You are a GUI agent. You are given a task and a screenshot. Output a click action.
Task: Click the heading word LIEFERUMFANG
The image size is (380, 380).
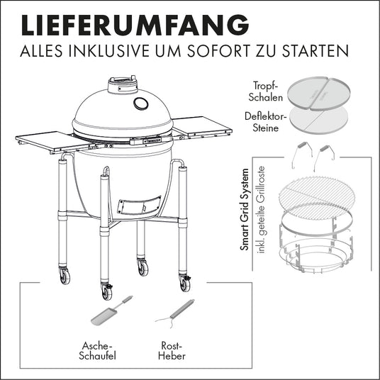click(135, 26)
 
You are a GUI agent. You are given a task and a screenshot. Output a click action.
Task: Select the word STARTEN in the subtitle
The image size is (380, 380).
click(315, 50)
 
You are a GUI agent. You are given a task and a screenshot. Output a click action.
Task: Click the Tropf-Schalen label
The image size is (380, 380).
click(266, 91)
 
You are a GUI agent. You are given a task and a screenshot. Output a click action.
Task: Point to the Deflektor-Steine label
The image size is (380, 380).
click(266, 122)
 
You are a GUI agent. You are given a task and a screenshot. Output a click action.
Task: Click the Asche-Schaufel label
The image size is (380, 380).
click(97, 351)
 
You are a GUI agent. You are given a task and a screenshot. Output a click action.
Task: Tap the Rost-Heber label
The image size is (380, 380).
click(172, 351)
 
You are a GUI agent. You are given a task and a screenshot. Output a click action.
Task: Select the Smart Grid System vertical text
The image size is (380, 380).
click(245, 209)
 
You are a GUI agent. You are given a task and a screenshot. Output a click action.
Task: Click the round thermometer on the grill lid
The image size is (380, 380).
click(141, 104)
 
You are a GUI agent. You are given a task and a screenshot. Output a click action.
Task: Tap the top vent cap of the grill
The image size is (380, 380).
click(123, 85)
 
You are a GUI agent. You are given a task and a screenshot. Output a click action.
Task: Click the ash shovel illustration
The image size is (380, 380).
click(111, 311)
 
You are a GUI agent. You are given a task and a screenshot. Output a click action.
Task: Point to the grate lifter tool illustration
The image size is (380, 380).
click(175, 313)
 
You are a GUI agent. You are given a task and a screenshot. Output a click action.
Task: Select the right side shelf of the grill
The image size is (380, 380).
click(202, 128)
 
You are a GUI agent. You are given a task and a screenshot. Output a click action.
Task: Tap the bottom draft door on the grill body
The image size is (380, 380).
click(139, 205)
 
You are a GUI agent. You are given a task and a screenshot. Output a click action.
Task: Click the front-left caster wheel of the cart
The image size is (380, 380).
click(106, 292)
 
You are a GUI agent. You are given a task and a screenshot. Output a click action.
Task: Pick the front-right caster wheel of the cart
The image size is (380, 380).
click(185, 284)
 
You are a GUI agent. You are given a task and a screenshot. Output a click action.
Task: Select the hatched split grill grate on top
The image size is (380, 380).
click(316, 197)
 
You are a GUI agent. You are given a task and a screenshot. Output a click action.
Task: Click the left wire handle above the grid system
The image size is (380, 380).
click(300, 154)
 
